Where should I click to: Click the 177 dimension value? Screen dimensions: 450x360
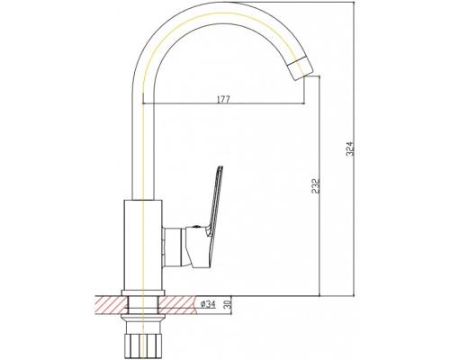223,99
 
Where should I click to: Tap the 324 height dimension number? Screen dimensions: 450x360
350,149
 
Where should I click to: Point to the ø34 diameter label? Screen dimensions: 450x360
208,304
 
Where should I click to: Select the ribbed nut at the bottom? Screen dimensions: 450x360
143,344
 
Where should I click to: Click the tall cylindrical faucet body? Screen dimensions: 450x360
143,245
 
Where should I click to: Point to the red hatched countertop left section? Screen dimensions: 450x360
111,305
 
